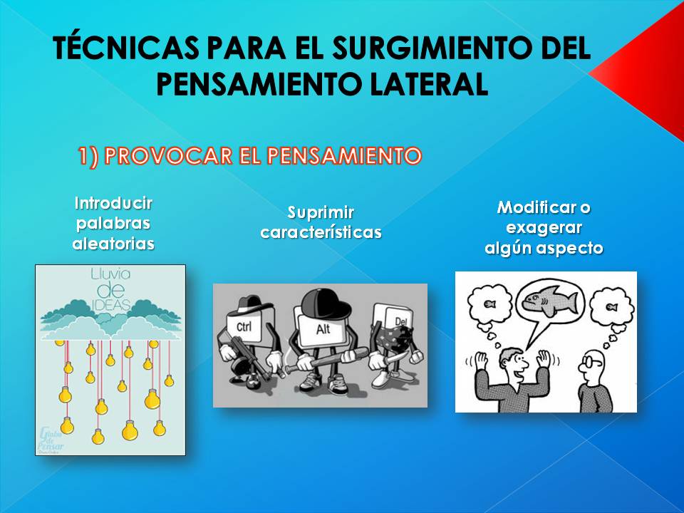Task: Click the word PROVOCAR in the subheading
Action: coord(148,156)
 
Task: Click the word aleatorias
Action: coord(113,244)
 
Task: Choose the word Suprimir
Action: coord(321,212)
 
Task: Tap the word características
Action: coord(321,232)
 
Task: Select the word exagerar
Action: coord(544,228)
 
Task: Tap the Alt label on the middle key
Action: coord(323,330)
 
